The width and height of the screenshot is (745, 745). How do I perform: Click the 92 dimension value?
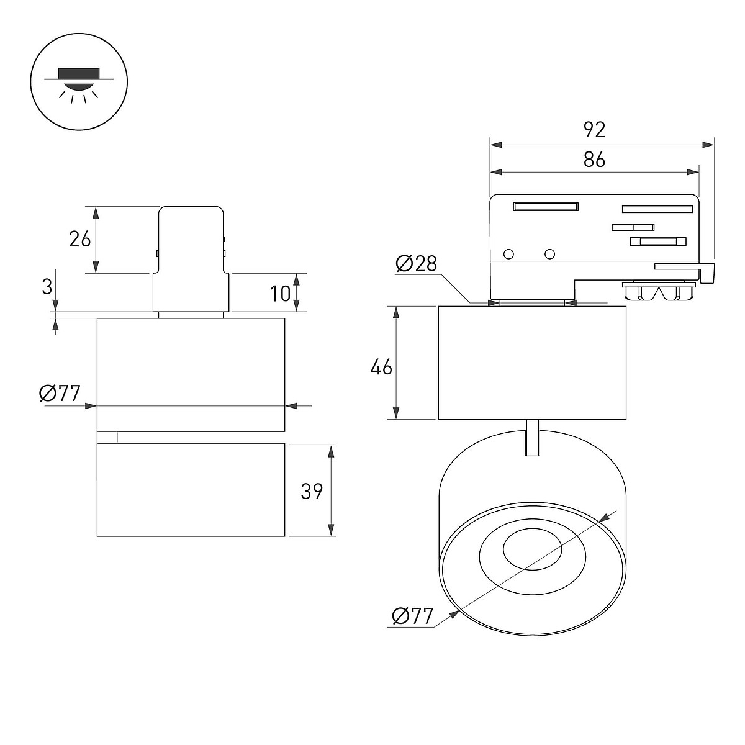coord(594,130)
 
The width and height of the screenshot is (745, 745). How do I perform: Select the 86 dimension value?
coord(594,160)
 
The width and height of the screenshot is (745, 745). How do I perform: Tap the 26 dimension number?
coord(79,239)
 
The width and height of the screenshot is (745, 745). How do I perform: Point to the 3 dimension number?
coord(47,287)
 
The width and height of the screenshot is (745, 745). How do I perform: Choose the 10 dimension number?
coord(280,294)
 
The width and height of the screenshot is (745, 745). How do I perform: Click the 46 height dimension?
coord(381,366)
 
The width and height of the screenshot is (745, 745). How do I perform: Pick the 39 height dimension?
coord(312,492)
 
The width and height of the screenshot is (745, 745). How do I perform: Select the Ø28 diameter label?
coord(417,264)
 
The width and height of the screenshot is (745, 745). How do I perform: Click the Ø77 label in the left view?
coord(60,394)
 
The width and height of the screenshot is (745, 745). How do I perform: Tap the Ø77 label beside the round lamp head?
coord(412,616)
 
